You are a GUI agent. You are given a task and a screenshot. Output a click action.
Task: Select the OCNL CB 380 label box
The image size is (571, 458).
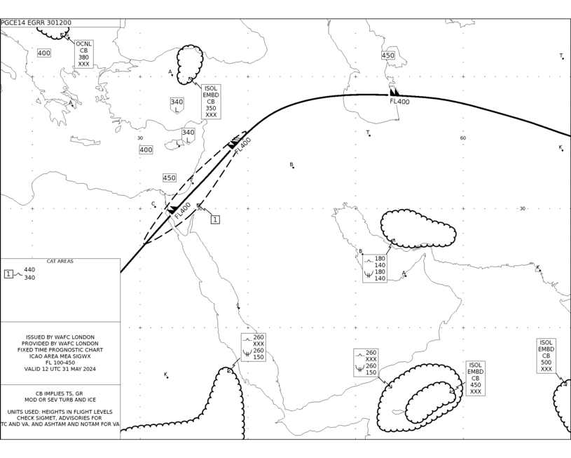click(84, 54)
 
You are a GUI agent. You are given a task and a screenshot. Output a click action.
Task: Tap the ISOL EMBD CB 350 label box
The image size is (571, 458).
click(211, 102)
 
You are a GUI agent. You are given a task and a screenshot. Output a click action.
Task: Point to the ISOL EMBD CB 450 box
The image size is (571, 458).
click(475, 378)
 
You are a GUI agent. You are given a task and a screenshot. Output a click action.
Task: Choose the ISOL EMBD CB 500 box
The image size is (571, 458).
click(546, 356)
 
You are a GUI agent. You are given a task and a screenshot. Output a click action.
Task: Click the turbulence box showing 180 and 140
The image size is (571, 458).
click(375, 269)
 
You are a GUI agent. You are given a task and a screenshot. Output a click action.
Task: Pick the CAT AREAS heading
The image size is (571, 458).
click(60, 262)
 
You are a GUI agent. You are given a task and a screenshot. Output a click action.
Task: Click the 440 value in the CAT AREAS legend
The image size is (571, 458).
click(29, 270)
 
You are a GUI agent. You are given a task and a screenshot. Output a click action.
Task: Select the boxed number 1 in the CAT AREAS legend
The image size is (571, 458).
click(8, 274)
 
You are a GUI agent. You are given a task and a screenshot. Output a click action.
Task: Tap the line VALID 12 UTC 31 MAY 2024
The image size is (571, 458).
click(60, 369)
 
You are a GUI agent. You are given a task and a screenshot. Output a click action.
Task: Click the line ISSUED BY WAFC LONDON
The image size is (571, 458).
click(60, 337)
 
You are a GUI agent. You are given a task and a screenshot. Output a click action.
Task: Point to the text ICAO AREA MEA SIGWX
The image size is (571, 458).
click(60, 356)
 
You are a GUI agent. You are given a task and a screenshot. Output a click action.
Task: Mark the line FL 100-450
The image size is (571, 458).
click(60, 363)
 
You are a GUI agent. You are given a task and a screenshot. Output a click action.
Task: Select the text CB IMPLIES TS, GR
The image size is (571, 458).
click(59, 393)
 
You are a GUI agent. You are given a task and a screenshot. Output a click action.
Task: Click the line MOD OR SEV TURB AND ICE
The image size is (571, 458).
click(60, 400)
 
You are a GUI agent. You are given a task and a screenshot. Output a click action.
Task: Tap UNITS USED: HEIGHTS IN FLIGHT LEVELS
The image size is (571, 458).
click(60, 412)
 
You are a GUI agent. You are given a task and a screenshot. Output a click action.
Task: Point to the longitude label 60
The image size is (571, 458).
click(463, 138)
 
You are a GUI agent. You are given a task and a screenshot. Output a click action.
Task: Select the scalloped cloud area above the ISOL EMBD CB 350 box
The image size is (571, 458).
click(189, 65)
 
